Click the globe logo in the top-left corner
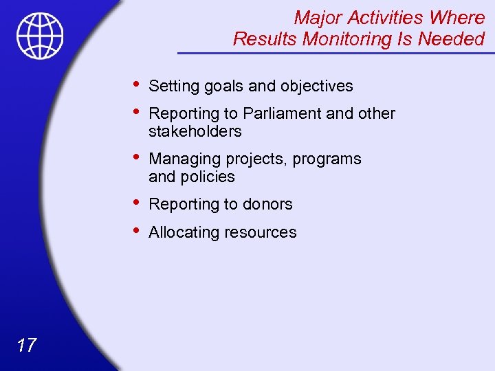point(41,35)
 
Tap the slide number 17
point(26,345)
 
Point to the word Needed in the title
point(454,39)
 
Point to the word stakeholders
point(195,131)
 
